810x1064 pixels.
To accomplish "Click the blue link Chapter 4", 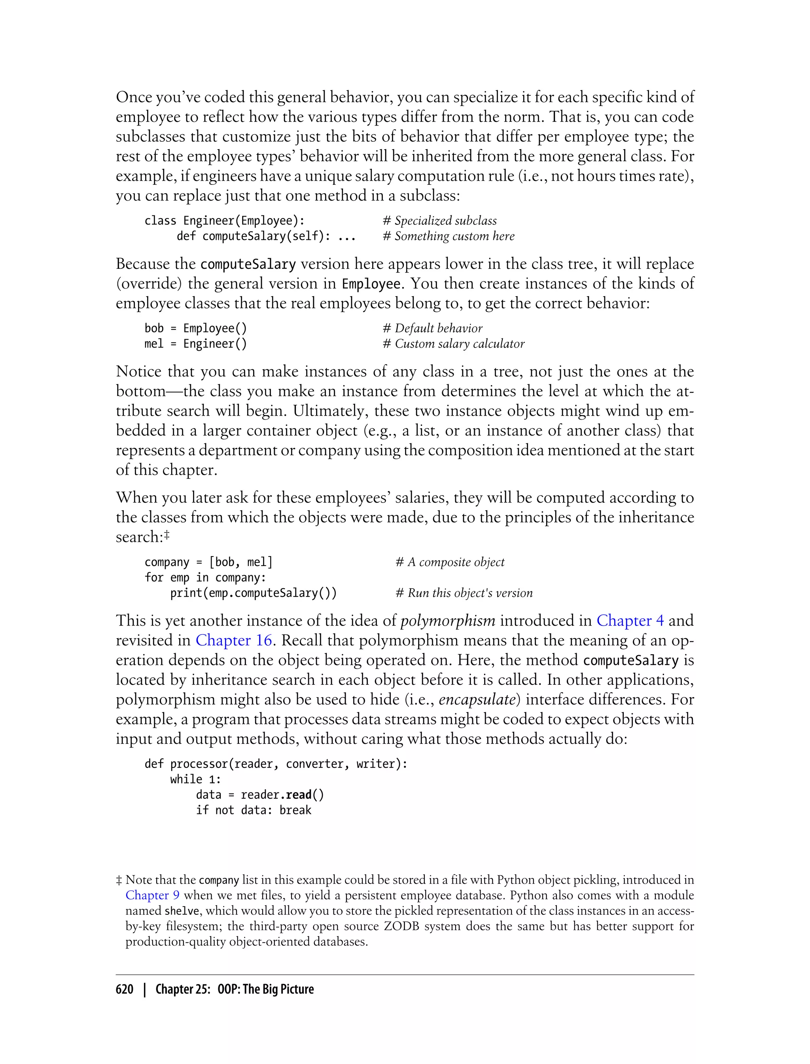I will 630,621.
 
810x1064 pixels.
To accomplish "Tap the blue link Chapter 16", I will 233,640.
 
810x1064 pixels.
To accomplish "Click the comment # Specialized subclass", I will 439,220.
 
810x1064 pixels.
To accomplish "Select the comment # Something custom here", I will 449,236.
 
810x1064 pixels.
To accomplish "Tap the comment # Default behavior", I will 432,328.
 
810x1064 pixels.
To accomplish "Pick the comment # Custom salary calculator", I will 453,344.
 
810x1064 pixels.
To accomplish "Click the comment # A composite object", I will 449,562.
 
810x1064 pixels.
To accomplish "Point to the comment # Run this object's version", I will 464,593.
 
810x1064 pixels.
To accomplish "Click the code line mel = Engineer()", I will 195,344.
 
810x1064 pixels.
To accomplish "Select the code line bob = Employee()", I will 195,328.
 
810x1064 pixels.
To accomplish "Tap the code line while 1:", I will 195,779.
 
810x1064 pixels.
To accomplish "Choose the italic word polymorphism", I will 447,621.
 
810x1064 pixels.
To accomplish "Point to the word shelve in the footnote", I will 182,911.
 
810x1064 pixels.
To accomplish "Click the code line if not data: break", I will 253,810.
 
